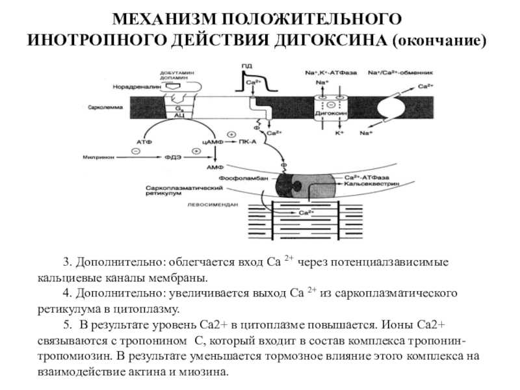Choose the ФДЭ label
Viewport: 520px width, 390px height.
click(x=172, y=157)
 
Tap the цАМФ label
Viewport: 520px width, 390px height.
click(x=213, y=140)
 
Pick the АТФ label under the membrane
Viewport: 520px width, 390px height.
click(x=144, y=140)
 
